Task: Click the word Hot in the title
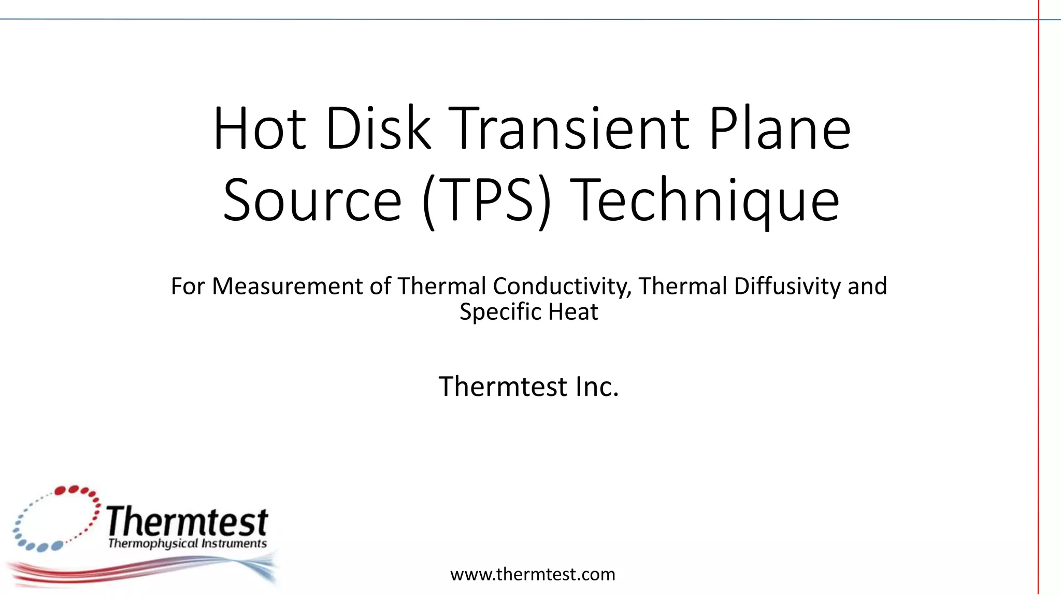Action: coord(259,128)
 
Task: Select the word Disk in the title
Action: coord(378,128)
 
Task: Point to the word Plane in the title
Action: coord(779,128)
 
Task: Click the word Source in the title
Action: coord(312,200)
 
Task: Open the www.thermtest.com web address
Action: coord(533,574)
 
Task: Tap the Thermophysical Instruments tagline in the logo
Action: coord(187,544)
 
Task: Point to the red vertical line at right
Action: coord(1038,311)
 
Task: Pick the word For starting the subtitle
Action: coord(188,286)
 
